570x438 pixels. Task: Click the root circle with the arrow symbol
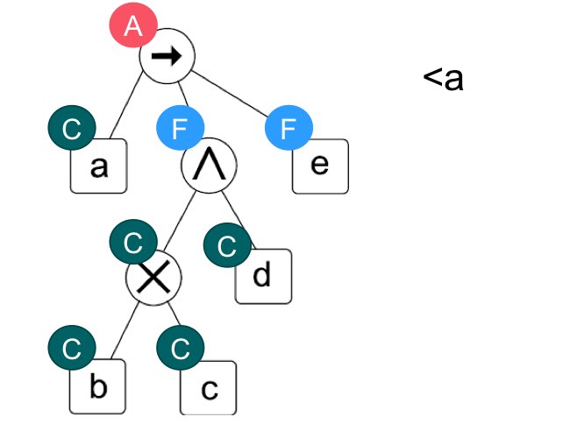tap(167, 57)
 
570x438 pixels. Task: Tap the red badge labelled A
tap(132, 26)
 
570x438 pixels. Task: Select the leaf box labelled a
tap(99, 166)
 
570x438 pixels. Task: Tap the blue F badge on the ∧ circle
tap(180, 130)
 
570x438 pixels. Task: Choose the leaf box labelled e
tap(320, 166)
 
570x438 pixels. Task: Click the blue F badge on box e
tap(289, 130)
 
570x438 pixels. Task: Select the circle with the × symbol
tap(153, 278)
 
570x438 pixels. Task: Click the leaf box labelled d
tap(263, 276)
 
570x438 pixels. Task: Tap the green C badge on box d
tap(227, 245)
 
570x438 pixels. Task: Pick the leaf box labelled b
tap(99, 386)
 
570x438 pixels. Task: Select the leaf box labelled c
tap(209, 388)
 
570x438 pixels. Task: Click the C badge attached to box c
tap(180, 349)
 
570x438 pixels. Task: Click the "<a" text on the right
tap(443, 79)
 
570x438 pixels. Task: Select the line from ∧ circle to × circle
tap(180, 223)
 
